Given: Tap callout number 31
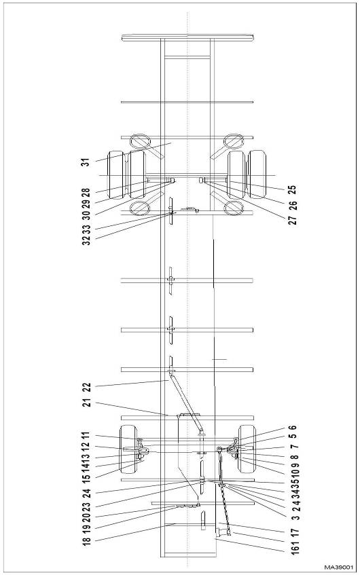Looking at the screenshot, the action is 85,162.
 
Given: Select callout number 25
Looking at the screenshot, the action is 292,190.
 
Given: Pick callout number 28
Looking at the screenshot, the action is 85,193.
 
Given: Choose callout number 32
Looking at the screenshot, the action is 86,240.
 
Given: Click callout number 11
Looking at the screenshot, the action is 85,436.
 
